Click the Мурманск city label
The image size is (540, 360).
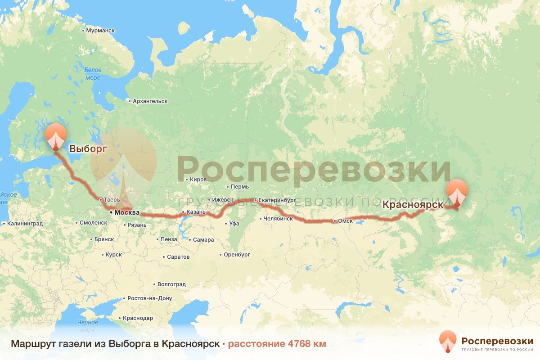(x=100, y=31)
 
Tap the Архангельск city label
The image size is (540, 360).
(x=150, y=102)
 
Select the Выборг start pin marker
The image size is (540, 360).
(x=56, y=136)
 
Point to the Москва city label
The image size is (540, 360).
(x=127, y=213)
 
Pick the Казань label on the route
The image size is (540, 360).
(x=196, y=212)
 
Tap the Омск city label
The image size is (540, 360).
(x=346, y=221)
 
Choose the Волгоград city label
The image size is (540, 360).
(x=171, y=284)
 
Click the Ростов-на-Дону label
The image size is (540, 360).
(x=150, y=298)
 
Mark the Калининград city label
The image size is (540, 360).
(x=25, y=224)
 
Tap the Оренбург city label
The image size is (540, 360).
(x=237, y=255)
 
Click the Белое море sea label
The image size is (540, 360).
(x=92, y=74)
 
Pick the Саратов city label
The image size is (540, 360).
(x=178, y=257)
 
